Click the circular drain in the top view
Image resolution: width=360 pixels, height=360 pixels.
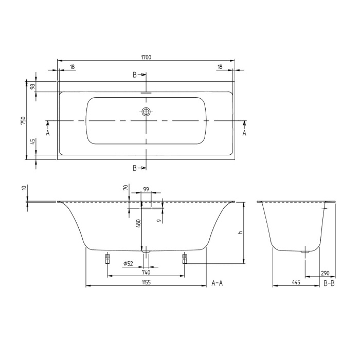click(146, 112)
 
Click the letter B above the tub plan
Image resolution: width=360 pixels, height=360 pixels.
click(135, 75)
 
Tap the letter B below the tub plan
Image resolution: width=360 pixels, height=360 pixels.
click(135, 168)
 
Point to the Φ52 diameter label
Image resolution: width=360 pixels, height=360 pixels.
click(128, 264)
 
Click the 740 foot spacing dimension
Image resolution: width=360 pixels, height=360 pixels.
click(146, 273)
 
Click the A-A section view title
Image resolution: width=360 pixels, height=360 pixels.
click(217, 283)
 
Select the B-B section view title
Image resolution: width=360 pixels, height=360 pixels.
click(329, 283)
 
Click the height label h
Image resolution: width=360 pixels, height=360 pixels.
click(239, 232)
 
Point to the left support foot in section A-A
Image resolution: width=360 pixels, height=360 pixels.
click(107, 258)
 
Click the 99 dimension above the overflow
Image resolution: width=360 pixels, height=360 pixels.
click(146, 190)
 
